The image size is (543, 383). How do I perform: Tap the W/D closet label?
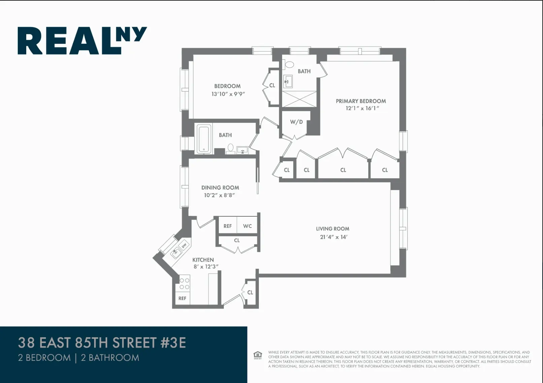click(296, 122)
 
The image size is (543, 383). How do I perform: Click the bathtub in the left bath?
click(204, 139)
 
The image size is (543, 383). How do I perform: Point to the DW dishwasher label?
click(184, 246)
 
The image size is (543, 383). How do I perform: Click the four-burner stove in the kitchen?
click(184, 283)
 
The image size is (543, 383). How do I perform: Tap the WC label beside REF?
click(247, 226)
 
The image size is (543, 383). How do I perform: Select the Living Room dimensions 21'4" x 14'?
click(333, 237)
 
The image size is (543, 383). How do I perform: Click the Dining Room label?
click(220, 187)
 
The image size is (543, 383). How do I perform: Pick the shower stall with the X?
click(299, 99)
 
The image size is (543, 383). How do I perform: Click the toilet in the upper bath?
click(289, 64)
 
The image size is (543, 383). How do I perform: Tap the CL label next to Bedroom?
click(272, 85)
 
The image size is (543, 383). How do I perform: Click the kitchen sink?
click(175, 252)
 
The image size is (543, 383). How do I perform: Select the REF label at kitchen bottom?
click(182, 298)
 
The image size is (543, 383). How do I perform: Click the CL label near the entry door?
click(250, 292)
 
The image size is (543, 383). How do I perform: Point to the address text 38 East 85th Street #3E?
click(102, 343)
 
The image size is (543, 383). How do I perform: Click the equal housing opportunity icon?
click(258, 355)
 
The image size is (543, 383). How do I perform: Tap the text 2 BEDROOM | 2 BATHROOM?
click(78, 357)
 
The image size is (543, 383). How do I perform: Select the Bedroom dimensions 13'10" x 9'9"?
click(228, 94)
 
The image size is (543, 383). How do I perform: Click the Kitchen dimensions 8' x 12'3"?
click(206, 267)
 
